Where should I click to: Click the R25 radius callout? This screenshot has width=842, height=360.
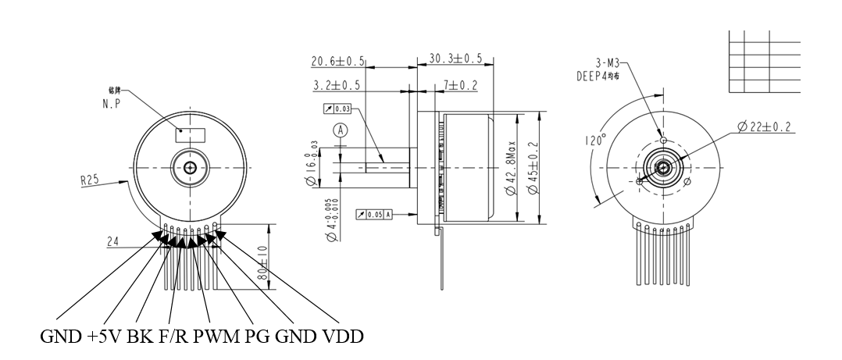click(x=91, y=180)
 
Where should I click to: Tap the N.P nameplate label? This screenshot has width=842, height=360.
click(x=111, y=102)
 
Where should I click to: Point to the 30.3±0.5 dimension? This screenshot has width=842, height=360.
click(x=455, y=59)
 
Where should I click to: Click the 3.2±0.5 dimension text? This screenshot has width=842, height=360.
click(x=337, y=84)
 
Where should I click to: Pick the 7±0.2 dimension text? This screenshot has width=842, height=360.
click(x=460, y=84)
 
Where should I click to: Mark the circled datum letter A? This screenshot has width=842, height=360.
click(x=340, y=131)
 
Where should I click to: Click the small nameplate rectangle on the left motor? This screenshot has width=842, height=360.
click(x=190, y=134)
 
